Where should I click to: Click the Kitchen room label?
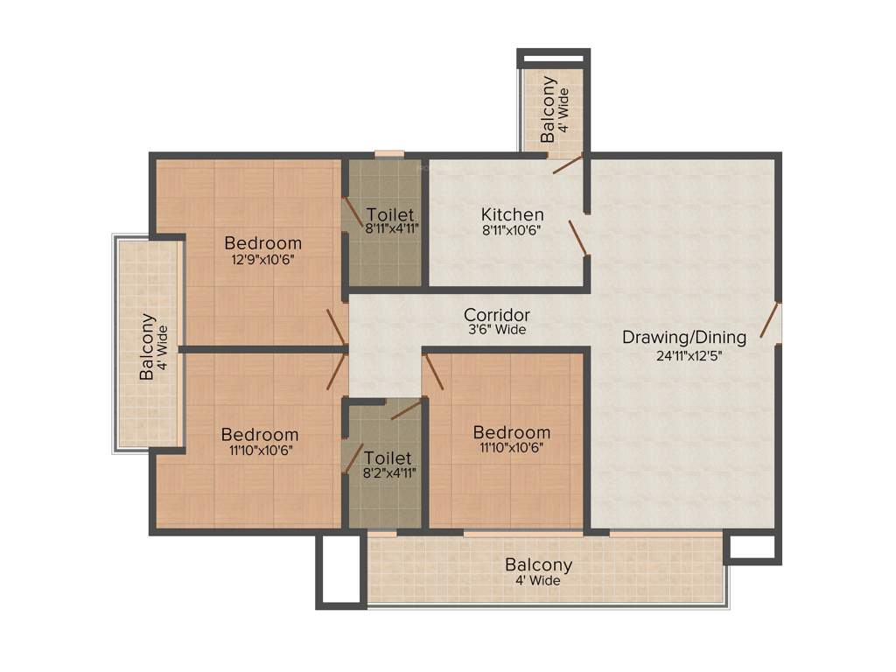tap(512, 214)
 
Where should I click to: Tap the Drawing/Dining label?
tap(683, 337)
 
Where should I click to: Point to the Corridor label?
tap(496, 315)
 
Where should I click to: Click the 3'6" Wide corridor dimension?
tap(496, 331)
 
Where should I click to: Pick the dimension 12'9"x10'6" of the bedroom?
tap(262, 259)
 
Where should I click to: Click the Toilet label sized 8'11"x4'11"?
tap(390, 214)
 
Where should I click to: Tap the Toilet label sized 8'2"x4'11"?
tap(388, 458)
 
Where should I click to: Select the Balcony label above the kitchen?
tap(549, 110)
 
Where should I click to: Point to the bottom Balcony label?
tap(538, 565)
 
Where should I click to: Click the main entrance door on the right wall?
tap(770, 319)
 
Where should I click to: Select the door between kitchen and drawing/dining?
tap(578, 237)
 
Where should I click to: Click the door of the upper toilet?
tap(352, 211)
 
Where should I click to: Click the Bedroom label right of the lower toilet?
tap(512, 432)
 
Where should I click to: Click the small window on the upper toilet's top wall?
tap(389, 155)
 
